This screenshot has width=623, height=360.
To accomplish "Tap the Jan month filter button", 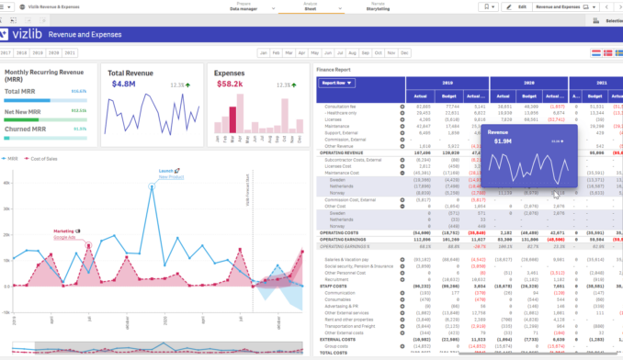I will (265, 53).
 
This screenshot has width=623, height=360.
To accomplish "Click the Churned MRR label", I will (27, 129).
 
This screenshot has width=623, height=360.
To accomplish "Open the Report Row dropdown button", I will (337, 83).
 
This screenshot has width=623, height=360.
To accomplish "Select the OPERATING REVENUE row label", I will (342, 152).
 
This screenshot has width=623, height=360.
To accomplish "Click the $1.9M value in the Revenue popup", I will (501, 141).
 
